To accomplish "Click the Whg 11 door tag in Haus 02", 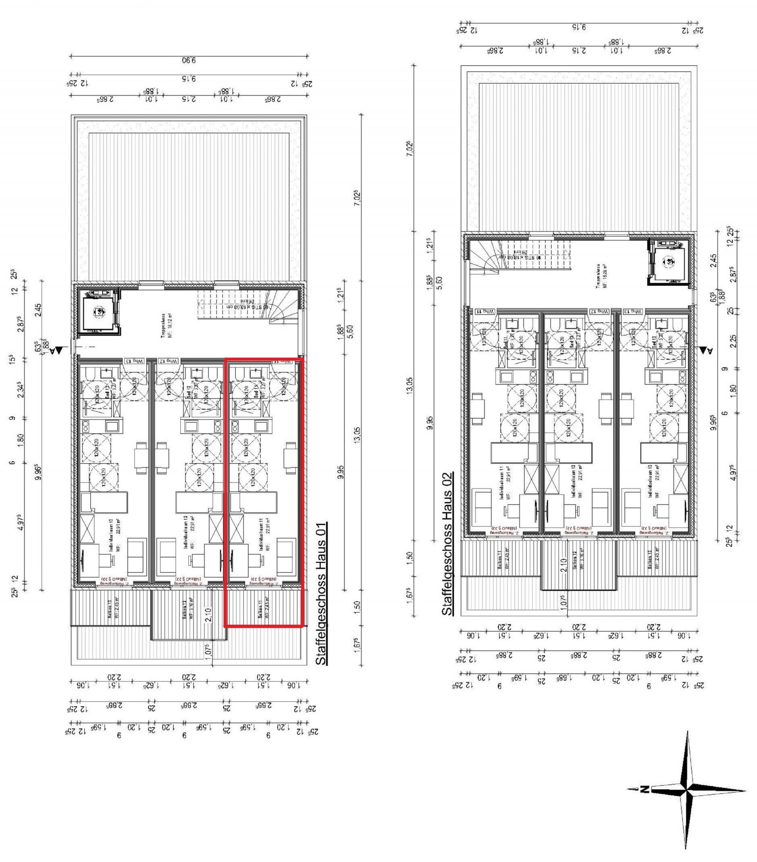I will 485,311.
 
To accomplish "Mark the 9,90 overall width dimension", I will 189,60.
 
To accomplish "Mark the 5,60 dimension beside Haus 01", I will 350,331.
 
